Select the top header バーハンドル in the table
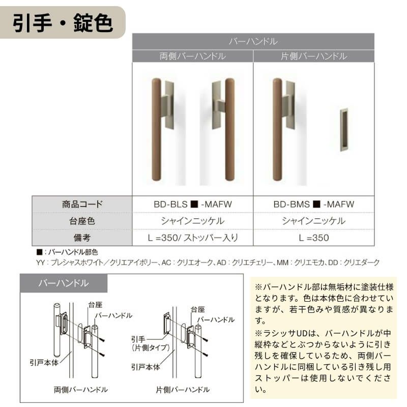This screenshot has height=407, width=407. pos(253,41)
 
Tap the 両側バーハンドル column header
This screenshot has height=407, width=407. pos(192,56)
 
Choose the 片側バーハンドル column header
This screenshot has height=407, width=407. pos(313,56)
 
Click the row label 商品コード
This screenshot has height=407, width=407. pos(82,205)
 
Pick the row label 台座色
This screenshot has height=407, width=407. pos(82,221)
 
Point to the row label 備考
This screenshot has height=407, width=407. pos(82,237)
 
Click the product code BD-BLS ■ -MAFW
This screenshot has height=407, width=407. pos(192,205)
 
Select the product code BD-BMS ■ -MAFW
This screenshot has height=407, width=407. pos(313,205)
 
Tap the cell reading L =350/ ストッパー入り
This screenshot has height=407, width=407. pos(192,237)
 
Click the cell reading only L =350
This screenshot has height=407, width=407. pos(313,237)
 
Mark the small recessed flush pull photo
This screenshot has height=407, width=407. pos(344,130)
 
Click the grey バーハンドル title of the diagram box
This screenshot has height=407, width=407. pos(64,283)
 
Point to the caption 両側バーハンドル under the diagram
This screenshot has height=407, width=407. pos(80,390)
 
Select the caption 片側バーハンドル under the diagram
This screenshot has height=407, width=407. pos(183,390)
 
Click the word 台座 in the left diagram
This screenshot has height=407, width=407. pos(95,305)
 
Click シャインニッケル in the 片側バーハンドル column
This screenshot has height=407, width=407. pos(313,221)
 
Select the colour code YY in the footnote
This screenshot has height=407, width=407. pos(41,263)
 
